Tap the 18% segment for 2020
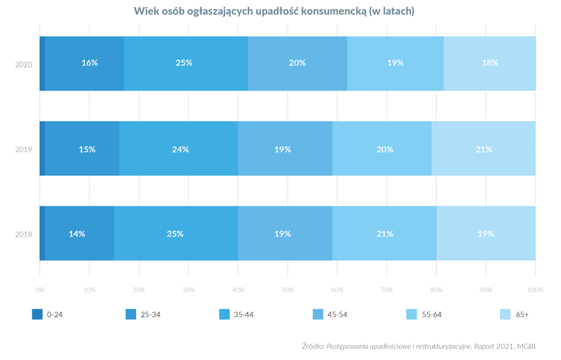[489, 63]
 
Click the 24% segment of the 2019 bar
[179, 149]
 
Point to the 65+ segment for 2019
[484, 149]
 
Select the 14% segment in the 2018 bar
[77, 234]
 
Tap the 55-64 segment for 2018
[384, 234]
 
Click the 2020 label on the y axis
[24, 64]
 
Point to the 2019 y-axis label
[24, 149]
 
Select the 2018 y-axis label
[24, 234]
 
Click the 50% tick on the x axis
[288, 289]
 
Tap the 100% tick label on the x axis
[535, 289]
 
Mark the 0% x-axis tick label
[41, 289]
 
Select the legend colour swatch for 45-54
[318, 314]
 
